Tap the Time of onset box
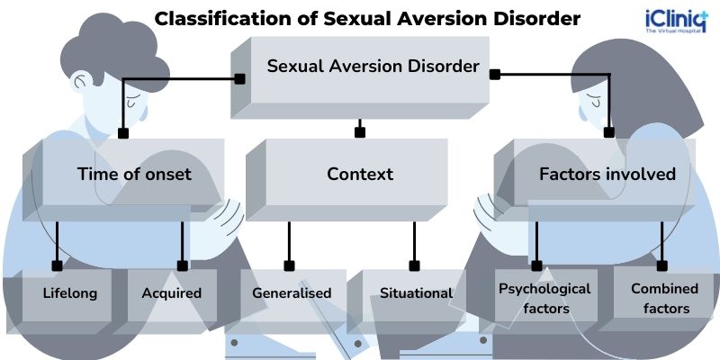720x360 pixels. tap(134, 174)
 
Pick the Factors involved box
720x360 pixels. tap(607, 174)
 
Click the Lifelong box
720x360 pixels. tap(70, 293)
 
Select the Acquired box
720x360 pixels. tap(171, 293)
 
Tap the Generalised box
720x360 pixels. tap(292, 293)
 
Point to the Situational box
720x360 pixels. tap(416, 293)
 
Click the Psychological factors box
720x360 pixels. tap(544, 298)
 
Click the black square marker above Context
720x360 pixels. tap(360, 132)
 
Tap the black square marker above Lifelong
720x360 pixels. tap(58, 265)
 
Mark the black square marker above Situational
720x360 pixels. tap(414, 265)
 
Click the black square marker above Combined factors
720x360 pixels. tap(662, 265)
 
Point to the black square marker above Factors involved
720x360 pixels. tap(609, 132)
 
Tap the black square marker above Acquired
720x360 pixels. tap(183, 265)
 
